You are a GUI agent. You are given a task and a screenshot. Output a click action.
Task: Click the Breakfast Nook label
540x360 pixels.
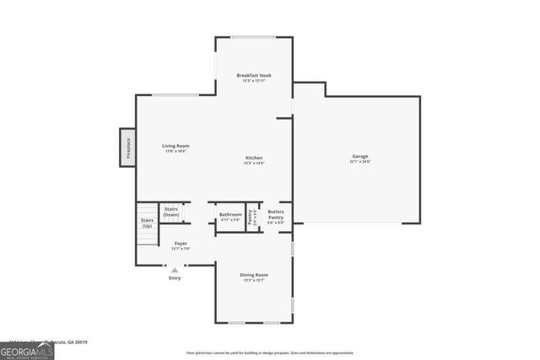click(x=254, y=75)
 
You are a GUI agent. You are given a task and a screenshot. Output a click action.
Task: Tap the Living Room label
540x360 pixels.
click(x=175, y=146)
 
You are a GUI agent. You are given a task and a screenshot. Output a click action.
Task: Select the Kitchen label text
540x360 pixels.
click(x=254, y=158)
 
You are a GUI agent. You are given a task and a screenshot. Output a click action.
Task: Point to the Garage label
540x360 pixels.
click(x=360, y=157)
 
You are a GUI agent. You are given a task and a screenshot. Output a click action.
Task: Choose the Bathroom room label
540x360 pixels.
click(x=230, y=214)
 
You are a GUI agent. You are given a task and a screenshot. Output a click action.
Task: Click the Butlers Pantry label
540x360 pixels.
click(x=276, y=215)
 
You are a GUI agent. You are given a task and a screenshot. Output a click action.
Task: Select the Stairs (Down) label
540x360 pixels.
click(x=170, y=212)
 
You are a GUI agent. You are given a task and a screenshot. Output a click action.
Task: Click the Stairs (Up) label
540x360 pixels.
click(x=147, y=223)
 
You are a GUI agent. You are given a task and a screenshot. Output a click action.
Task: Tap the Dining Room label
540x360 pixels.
click(x=255, y=275)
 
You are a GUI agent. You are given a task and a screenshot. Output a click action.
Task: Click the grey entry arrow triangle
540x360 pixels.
click(x=175, y=270)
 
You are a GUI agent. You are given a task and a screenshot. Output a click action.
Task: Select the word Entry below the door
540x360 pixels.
click(x=175, y=278)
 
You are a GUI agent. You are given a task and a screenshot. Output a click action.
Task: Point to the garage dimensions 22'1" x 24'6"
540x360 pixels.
click(x=360, y=162)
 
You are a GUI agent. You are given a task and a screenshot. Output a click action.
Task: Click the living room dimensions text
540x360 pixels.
click(x=175, y=152)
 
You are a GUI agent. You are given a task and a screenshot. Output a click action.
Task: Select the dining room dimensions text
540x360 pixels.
click(x=255, y=281)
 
